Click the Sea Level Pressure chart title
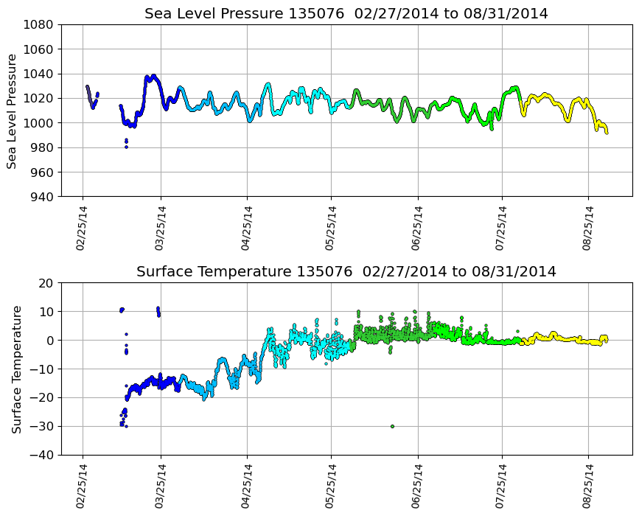pos(346,14)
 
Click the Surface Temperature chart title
pos(346,272)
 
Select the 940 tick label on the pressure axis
pos(42,197)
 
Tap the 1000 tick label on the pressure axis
pos(42,123)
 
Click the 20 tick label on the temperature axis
pos(47,283)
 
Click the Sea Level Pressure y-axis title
pos(13,111)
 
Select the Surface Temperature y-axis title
pos(15,369)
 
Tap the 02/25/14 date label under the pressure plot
pos(82,228)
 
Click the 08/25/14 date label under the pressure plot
pos(587,228)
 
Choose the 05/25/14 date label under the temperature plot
pos(331,486)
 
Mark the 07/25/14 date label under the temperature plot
pos(503,486)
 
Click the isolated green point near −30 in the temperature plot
pos(392,426)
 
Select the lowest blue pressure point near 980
pos(126,147)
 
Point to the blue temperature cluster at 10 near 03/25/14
pos(158,311)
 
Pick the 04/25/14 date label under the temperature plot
pos(247,486)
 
